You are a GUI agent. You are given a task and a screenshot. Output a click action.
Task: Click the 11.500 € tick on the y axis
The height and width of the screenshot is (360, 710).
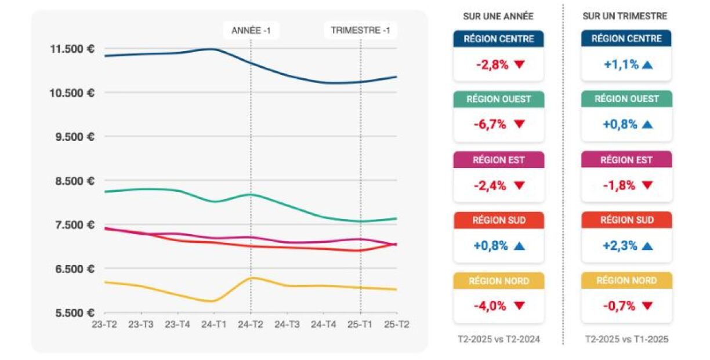(x=72, y=49)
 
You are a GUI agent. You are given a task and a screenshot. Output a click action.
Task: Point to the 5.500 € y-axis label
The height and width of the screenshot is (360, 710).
(x=72, y=313)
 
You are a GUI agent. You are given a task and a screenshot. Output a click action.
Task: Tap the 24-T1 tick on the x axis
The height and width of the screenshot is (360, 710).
(x=214, y=325)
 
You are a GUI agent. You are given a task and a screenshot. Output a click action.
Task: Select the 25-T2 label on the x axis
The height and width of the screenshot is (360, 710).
(x=396, y=325)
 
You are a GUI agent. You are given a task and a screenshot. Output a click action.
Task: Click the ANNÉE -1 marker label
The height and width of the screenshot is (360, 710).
(x=251, y=30)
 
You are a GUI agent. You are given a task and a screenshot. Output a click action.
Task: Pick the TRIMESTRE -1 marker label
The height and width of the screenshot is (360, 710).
(x=360, y=30)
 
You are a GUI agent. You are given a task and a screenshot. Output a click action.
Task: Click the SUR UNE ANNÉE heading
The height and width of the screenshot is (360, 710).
(x=498, y=16)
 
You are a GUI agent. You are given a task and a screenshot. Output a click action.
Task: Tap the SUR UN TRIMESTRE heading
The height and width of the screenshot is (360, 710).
(x=625, y=16)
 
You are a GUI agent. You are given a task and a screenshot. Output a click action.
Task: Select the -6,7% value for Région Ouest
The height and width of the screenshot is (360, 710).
(x=491, y=125)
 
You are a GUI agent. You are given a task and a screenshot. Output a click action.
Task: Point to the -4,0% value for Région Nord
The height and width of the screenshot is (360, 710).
(x=491, y=306)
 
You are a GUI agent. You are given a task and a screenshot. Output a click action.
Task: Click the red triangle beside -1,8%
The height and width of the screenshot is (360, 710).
(x=647, y=186)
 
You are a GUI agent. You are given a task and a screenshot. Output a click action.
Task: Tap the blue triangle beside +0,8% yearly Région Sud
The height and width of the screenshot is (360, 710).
(x=519, y=246)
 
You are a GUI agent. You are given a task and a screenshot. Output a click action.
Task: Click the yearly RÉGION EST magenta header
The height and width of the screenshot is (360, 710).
(x=498, y=160)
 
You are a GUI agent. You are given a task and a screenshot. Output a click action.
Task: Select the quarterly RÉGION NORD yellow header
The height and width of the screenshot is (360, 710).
(x=626, y=281)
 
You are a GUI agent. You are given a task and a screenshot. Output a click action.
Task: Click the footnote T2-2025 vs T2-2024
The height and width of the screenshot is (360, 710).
(x=498, y=339)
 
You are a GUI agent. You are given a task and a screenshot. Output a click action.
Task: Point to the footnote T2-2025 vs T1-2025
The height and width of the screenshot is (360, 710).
(x=626, y=339)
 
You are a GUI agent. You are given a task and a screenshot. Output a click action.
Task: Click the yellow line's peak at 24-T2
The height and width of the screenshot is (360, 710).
(x=251, y=278)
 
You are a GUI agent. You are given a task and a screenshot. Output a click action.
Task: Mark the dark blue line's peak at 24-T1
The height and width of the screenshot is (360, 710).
(x=213, y=49)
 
